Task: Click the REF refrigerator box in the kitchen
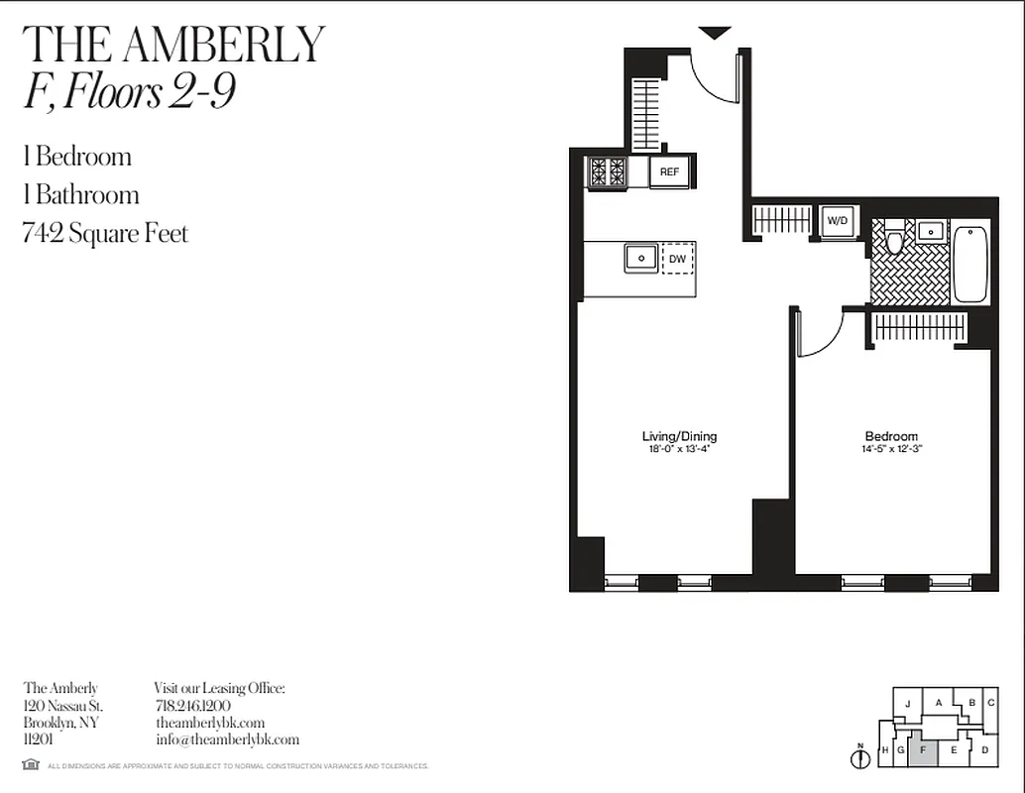pyautogui.click(x=669, y=172)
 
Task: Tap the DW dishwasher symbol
pyautogui.click(x=678, y=259)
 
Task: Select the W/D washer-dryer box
pyautogui.click(x=837, y=221)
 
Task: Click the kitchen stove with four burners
pyautogui.click(x=607, y=172)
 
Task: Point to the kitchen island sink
pyautogui.click(x=641, y=258)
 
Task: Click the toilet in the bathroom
pyautogui.click(x=894, y=239)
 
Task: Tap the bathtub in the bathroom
pyautogui.click(x=970, y=264)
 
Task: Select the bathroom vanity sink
pyautogui.click(x=930, y=231)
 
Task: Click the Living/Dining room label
pyautogui.click(x=679, y=436)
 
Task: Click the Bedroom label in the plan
pyautogui.click(x=891, y=436)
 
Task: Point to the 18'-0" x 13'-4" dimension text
pyautogui.click(x=679, y=449)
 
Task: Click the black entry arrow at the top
pyautogui.click(x=715, y=34)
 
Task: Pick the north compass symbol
pyautogui.click(x=859, y=758)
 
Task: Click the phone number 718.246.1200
pyautogui.click(x=193, y=706)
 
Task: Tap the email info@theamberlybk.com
pyautogui.click(x=227, y=739)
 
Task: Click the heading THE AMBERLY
pyautogui.click(x=173, y=45)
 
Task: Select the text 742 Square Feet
pyautogui.click(x=105, y=234)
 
